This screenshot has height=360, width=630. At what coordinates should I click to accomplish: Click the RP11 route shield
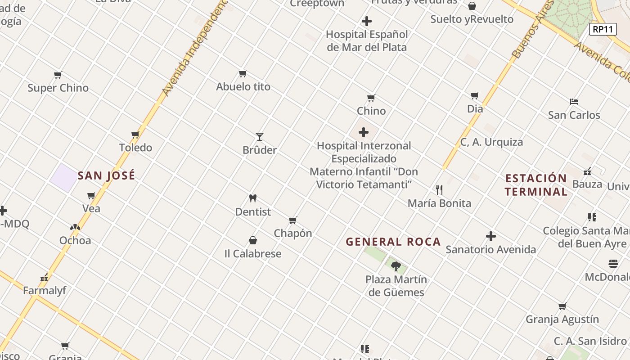[603, 29]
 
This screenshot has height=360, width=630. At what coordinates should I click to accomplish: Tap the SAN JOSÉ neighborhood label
[106, 175]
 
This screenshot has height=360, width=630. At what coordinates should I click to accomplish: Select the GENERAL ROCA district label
[393, 242]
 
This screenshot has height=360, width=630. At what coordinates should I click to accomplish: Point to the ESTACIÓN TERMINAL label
[535, 185]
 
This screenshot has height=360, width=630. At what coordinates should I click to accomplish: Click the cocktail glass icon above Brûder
[260, 136]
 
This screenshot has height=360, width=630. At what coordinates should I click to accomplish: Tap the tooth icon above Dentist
[253, 198]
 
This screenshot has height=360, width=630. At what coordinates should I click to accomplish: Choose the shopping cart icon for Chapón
[293, 220]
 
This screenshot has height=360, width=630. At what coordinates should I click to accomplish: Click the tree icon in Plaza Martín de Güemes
[396, 266]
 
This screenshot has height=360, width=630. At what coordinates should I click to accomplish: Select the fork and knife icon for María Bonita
[439, 190]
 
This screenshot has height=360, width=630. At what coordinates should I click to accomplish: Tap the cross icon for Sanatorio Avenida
[491, 236]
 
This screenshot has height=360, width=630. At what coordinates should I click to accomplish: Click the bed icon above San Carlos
[574, 102]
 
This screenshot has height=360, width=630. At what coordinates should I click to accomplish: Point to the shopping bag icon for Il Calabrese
[253, 241]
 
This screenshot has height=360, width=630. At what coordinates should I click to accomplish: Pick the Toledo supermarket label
[135, 148]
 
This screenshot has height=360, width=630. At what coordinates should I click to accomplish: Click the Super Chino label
[58, 88]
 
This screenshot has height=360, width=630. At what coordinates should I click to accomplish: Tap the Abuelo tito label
[243, 86]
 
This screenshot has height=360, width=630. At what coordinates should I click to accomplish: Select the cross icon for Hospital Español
[367, 21]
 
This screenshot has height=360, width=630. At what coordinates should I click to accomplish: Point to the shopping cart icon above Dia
[475, 95]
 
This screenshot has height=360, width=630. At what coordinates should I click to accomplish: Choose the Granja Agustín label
[562, 319]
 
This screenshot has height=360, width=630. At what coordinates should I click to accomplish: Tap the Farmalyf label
[45, 291]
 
